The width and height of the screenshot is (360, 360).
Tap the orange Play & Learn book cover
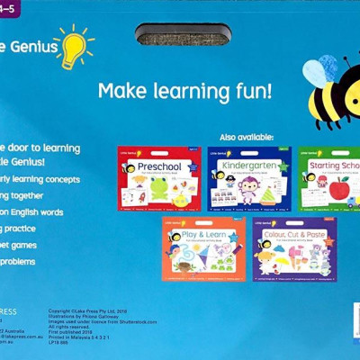202,248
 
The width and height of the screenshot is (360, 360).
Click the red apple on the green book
338,189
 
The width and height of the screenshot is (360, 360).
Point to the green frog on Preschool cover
159,188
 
